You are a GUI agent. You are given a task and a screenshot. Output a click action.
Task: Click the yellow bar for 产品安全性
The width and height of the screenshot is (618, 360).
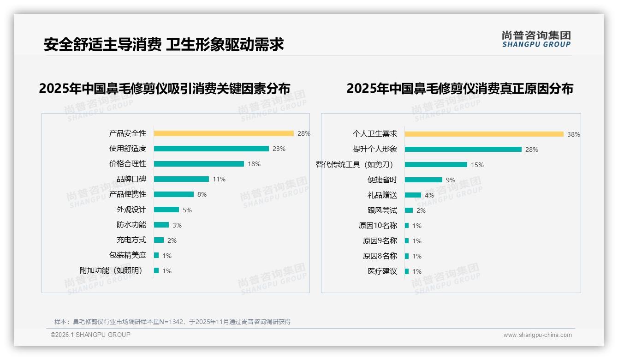click(224, 133)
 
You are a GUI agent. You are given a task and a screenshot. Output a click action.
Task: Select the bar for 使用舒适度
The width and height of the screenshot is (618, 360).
click(211, 149)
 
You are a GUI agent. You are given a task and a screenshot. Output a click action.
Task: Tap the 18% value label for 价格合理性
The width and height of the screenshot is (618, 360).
click(254, 164)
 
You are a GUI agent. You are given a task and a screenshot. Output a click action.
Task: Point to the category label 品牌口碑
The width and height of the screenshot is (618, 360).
click(131, 179)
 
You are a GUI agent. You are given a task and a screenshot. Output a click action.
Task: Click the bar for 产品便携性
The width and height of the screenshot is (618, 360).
click(174, 194)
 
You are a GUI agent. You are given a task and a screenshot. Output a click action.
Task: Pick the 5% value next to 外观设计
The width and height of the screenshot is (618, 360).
click(187, 210)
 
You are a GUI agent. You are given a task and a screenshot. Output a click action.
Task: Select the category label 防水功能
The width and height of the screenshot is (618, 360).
click(131, 225)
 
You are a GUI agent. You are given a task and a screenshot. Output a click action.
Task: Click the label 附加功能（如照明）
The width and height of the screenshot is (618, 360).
click(111, 270)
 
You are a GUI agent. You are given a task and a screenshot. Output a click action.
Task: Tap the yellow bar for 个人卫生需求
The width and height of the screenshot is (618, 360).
click(484, 134)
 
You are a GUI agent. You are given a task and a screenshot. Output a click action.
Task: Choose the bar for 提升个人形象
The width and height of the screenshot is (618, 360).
click(463, 150)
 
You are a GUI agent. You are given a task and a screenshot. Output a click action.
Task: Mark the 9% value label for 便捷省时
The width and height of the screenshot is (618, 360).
click(450, 180)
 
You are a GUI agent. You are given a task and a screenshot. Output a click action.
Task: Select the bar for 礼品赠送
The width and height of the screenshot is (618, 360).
click(413, 195)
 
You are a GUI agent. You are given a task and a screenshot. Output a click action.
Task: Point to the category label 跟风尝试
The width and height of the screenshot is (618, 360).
click(382, 210)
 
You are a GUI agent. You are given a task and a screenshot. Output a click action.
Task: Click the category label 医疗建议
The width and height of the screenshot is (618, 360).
click(382, 271)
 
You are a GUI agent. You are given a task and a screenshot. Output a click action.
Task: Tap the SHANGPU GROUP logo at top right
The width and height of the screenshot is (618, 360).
click(536, 39)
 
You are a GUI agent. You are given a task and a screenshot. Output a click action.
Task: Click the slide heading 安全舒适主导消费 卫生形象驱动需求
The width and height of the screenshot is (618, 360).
click(164, 45)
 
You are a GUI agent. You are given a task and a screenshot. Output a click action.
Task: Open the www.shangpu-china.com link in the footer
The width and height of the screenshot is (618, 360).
click(537, 335)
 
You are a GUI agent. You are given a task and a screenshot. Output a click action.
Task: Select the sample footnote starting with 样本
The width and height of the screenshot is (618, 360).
click(172, 322)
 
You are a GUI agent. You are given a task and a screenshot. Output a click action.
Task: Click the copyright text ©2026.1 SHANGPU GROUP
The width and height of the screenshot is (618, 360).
click(90, 335)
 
